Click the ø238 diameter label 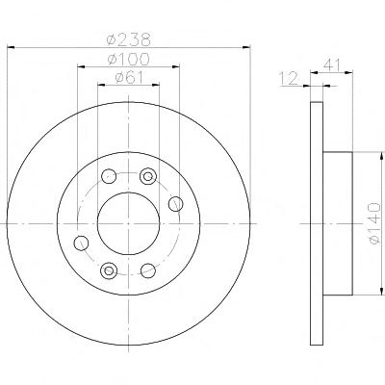[x=128, y=39]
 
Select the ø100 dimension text [x=129, y=59]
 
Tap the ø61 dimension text [x=129, y=77]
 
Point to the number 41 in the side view [x=332, y=65]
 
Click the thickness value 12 [x=289, y=79]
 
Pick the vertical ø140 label [x=374, y=223]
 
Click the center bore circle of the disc [x=128, y=192]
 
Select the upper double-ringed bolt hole [x=148, y=176]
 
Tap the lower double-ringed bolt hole [x=109, y=270]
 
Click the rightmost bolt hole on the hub [x=176, y=204]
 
